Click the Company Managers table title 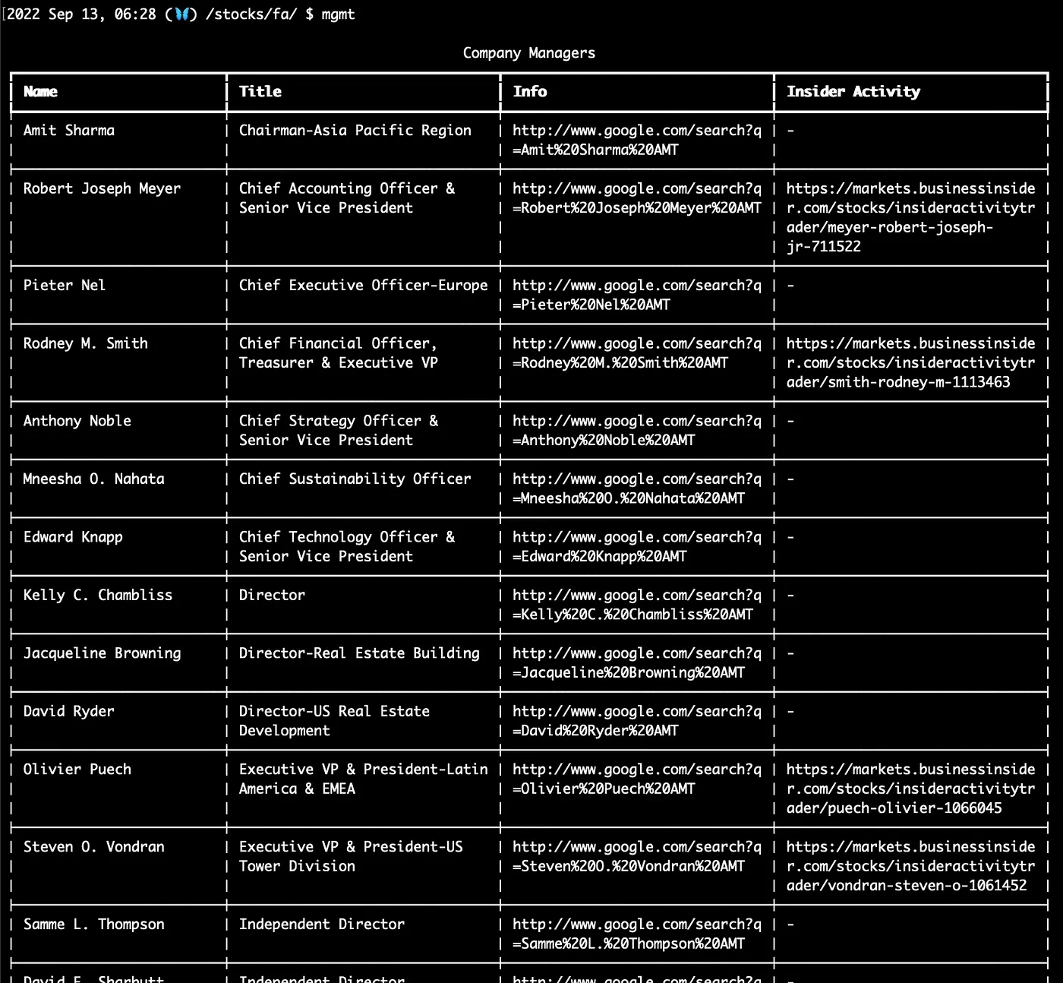(x=529, y=53)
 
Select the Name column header (x=40, y=92)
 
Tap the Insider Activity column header (x=853, y=92)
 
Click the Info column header (x=529, y=92)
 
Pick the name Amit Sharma (x=69, y=131)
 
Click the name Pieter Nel (x=65, y=286)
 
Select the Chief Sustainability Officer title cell (x=355, y=479)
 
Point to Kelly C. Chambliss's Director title (x=272, y=596)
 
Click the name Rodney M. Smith (x=86, y=343)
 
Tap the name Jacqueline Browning (x=103, y=653)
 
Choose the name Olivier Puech (x=77, y=770)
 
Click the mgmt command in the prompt (x=338, y=14)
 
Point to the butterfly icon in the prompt (x=181, y=14)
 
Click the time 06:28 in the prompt (x=135, y=14)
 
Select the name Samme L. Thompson (x=94, y=925)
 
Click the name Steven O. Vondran (x=94, y=847)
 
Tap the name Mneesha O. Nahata (x=94, y=479)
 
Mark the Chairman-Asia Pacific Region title (x=355, y=131)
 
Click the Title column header (x=260, y=92)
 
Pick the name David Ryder (x=69, y=712)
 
